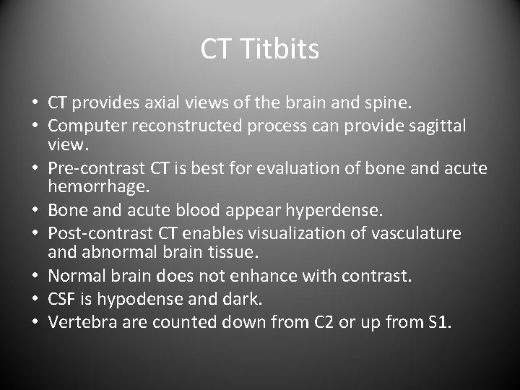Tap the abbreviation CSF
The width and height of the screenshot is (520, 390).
pyautogui.click(x=62, y=298)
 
